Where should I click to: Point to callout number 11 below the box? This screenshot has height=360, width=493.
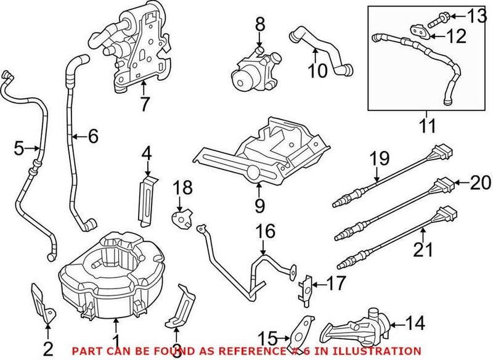coord(426,126)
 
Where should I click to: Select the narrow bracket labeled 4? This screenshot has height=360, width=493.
coord(147,196)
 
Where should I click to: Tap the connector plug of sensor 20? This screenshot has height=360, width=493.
coord(446,182)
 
